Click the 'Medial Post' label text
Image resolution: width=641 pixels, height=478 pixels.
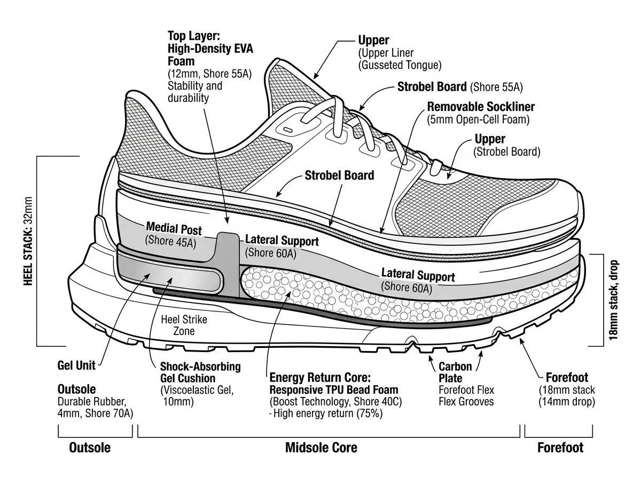click(x=174, y=229)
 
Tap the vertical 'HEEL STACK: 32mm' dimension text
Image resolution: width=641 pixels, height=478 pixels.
click(x=28, y=249)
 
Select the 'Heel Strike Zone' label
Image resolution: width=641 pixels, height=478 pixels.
click(x=184, y=325)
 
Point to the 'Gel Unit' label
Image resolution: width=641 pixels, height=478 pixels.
click(x=76, y=366)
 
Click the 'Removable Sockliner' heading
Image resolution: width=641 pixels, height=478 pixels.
click(x=481, y=107)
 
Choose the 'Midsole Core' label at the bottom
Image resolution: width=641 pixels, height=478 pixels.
click(x=321, y=447)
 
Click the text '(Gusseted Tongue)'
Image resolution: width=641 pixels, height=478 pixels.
click(x=400, y=66)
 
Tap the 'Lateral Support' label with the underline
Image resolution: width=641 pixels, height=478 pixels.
click(x=418, y=275)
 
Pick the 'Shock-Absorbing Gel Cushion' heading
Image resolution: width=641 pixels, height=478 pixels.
click(x=200, y=372)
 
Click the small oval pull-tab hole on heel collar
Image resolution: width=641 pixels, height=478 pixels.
click(x=288, y=130)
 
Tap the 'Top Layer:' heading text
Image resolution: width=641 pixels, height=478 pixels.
click(x=190, y=36)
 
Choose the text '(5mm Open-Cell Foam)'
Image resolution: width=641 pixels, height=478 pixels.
click(x=478, y=120)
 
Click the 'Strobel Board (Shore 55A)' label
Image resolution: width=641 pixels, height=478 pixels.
click(x=460, y=86)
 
